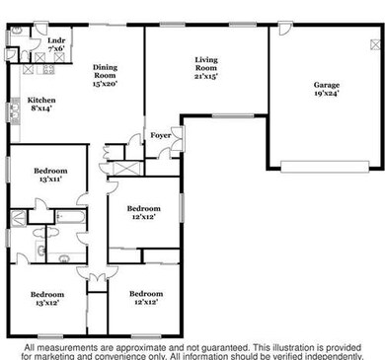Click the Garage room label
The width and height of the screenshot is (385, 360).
click(326, 85)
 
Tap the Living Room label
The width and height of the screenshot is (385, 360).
click(205, 60)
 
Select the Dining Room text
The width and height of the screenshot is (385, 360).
click(105, 71)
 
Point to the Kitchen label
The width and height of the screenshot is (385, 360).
click(41, 101)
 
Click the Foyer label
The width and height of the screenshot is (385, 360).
click(160, 135)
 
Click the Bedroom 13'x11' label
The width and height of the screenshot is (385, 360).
click(52, 174)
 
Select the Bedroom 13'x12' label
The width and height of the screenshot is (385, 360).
click(46, 295)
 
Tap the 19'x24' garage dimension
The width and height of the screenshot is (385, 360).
click(326, 95)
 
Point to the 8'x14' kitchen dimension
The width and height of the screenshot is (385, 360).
click(41, 110)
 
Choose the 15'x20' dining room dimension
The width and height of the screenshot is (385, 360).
click(105, 85)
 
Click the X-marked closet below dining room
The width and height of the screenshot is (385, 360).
click(125, 165)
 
